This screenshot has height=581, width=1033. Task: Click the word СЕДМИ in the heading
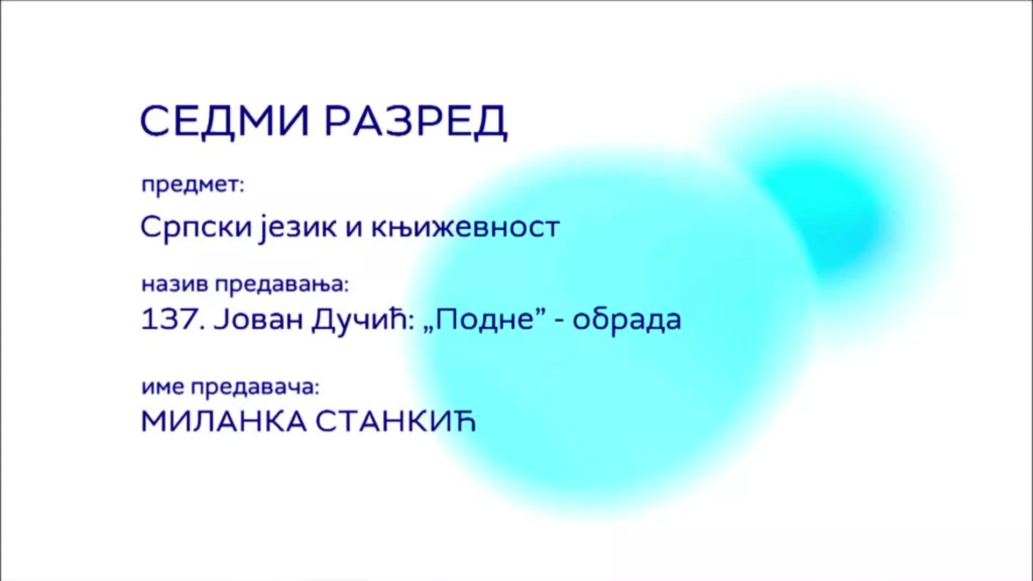coord(225,122)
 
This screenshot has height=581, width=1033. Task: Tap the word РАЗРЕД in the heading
coord(416,122)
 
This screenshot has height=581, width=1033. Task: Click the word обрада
coord(627,319)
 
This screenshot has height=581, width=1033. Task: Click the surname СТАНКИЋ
coord(395,422)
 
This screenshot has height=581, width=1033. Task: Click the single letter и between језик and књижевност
coord(353,229)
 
